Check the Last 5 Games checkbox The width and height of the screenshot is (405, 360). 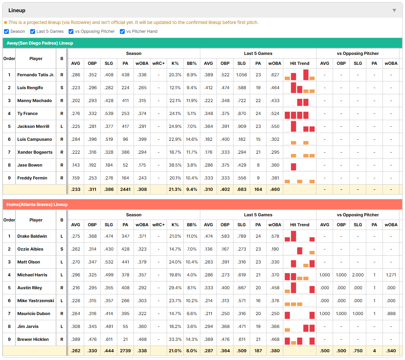(x=32, y=31)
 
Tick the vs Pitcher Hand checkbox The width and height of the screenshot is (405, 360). (x=122, y=31)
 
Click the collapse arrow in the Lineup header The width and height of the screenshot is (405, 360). (x=394, y=10)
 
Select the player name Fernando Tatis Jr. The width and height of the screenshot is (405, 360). (x=36, y=75)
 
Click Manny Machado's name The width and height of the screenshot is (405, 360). (x=34, y=101)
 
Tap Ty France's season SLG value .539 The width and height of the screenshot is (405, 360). (x=109, y=113)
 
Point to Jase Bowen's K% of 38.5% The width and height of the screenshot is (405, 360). (x=175, y=165)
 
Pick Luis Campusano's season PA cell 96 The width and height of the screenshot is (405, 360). (x=125, y=139)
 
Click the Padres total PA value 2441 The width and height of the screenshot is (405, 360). (x=125, y=189)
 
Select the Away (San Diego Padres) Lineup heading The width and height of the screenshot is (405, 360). (x=40, y=43)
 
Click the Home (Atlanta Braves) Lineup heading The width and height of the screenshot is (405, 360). (x=37, y=205)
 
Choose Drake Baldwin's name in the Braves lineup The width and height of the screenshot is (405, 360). (x=32, y=236)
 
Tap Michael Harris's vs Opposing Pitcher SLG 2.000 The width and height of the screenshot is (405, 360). (x=358, y=275)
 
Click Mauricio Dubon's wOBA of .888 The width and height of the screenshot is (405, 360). (x=391, y=314)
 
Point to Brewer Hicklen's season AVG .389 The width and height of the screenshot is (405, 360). (x=75, y=339)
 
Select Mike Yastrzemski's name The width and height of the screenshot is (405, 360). (x=36, y=301)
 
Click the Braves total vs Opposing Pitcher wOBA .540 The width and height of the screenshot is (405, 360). (x=391, y=351)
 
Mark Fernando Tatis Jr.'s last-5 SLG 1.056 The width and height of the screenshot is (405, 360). (x=242, y=75)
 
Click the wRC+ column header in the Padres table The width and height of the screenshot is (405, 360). (x=158, y=63)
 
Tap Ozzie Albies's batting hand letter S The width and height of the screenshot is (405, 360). (x=62, y=249)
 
